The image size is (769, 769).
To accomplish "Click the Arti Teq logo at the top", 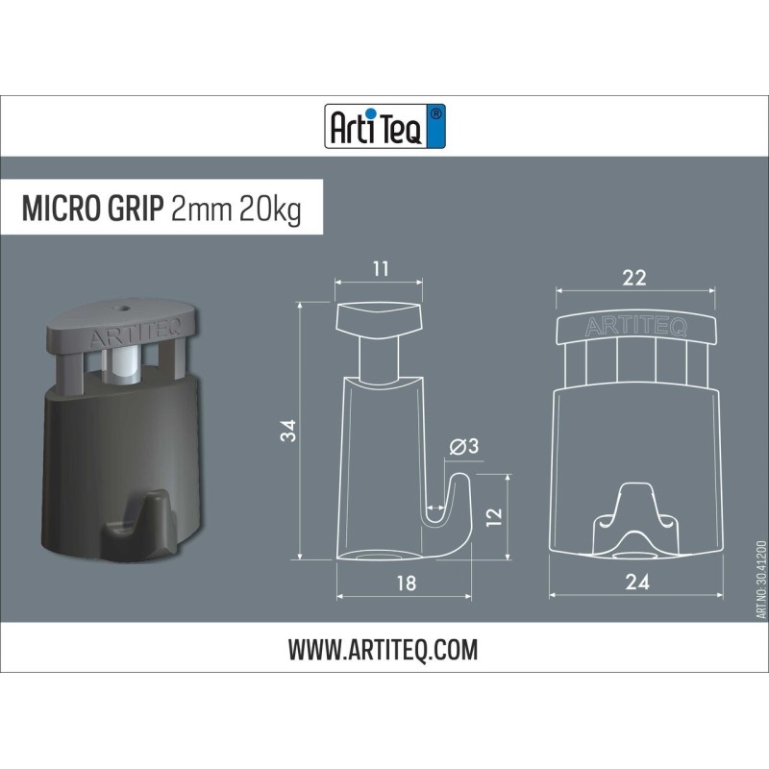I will [384, 126].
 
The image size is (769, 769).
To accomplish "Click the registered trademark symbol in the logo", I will [436, 113].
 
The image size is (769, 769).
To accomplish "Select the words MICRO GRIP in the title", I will [91, 210].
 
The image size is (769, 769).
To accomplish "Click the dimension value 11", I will [380, 268].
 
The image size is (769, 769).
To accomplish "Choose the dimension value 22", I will [633, 278].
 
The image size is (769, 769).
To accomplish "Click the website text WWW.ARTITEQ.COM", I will [383, 650].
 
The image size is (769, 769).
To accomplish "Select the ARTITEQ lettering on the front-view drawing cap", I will [635, 327].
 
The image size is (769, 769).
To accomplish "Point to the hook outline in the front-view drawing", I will [634, 519].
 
